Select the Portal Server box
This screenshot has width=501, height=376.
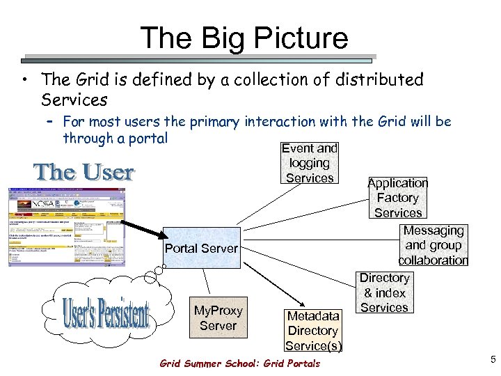coord(201,247)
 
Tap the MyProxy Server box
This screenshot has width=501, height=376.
coord(218,318)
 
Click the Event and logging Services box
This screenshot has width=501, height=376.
coord(309,163)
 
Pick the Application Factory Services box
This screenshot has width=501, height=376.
coord(397,198)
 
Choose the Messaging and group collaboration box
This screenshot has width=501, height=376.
coord(433,245)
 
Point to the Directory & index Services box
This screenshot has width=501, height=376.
coord(384,292)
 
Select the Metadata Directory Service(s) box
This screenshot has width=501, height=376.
coord(313,330)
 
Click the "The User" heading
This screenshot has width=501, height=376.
coord(84,171)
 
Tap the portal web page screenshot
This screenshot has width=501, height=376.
coord(67,227)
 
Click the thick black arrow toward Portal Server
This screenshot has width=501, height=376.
coord(143,233)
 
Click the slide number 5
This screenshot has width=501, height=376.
coord(492,359)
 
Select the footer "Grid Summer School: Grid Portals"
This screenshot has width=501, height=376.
coord(239,363)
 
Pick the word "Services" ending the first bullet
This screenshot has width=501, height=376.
coord(74,100)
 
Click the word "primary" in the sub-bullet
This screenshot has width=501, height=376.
coord(210,123)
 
